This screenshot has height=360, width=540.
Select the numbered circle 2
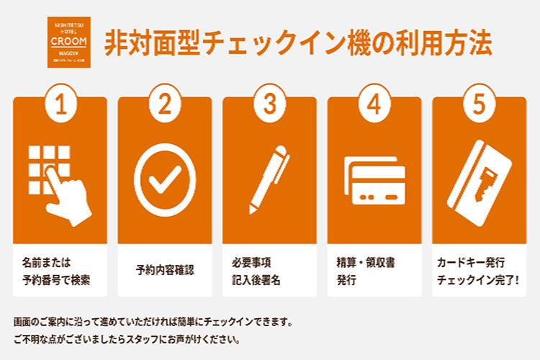click(x=165, y=105)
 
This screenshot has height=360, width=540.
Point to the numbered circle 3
click(x=269, y=105)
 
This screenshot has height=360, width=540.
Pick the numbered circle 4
click(x=374, y=105)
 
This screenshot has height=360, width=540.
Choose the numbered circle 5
click(x=478, y=105)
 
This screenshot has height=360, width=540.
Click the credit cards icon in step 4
click(x=374, y=180)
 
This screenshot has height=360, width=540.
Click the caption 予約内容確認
click(x=165, y=271)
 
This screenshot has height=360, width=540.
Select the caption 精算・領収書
click(x=367, y=261)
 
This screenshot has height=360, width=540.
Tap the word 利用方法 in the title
click(x=446, y=42)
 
